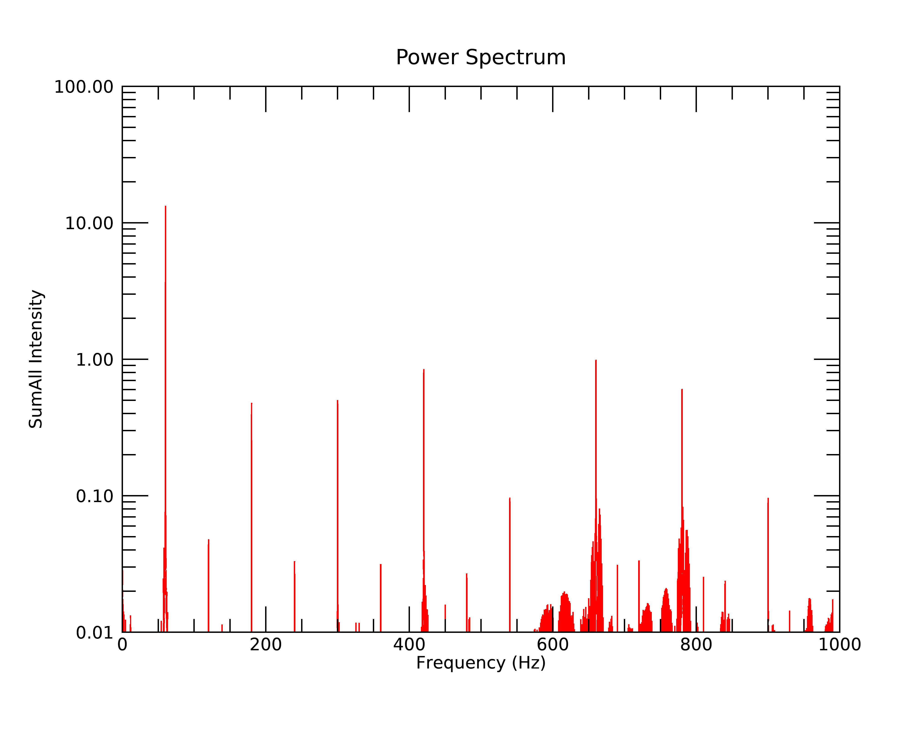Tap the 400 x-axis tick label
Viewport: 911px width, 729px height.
click(409, 645)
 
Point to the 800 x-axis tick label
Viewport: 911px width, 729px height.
click(696, 645)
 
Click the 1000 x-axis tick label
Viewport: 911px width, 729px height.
click(839, 645)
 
